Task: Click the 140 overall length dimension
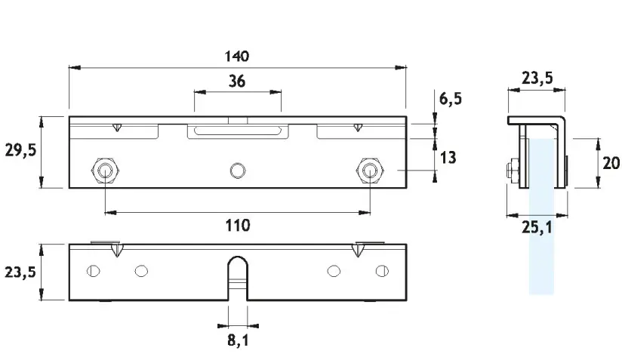click(237, 57)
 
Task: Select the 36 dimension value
click(237, 82)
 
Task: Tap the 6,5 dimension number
click(451, 98)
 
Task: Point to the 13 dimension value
click(448, 158)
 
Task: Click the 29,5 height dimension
click(20, 150)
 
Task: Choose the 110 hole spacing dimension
click(238, 225)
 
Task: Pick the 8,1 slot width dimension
click(238, 340)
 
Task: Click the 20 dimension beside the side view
click(611, 163)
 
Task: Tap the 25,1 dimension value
click(537, 228)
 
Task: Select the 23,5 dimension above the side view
click(537, 78)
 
